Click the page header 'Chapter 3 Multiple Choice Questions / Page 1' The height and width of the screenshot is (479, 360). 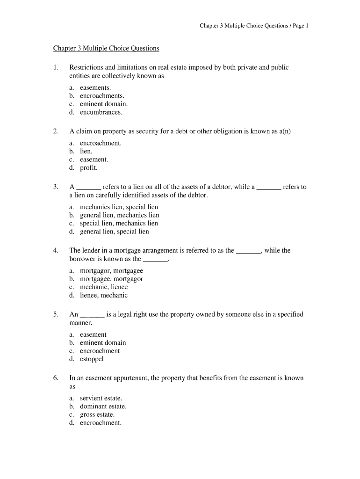(254, 26)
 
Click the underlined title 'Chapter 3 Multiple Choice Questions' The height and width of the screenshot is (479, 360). (106, 48)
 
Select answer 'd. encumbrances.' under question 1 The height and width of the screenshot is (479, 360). (95, 112)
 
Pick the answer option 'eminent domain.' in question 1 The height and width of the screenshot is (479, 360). (103, 104)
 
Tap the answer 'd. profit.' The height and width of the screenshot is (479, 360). (83, 167)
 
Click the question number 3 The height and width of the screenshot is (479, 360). (55, 187)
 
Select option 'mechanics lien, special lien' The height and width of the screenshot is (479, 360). (119, 207)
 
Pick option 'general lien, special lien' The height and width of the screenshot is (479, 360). (114, 231)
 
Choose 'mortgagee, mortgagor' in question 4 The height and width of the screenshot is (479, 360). (111, 279)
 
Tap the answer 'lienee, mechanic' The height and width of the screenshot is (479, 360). (103, 295)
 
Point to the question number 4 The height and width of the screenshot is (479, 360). (55, 250)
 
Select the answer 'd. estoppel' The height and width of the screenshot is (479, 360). (86, 359)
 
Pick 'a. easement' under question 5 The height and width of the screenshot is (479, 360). (88, 334)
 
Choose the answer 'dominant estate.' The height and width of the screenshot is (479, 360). (103, 406)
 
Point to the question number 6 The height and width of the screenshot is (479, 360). (55, 378)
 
